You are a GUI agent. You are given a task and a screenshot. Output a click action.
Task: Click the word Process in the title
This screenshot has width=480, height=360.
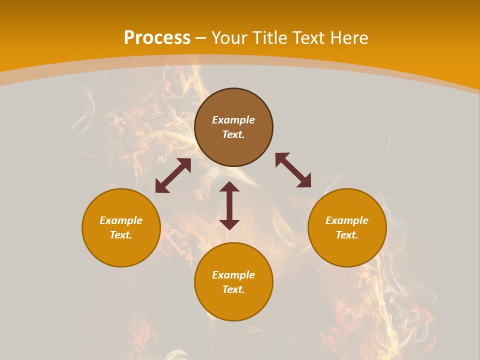pos(157,38)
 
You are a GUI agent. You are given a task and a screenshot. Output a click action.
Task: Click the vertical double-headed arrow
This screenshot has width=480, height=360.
pos(229,205)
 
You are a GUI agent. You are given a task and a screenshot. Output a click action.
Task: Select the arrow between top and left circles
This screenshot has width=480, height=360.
pos(173,175)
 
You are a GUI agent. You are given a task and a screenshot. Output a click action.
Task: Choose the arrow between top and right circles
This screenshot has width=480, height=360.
pos(293,170)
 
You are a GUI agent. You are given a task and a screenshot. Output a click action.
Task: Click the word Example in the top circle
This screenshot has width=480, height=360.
pos(233,120)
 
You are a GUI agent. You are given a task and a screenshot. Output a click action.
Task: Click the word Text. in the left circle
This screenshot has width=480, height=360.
pos(121,235)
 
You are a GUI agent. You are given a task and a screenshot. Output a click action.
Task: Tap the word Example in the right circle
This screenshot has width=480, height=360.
pos(347,220)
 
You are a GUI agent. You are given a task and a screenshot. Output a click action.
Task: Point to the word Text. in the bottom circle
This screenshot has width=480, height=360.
pos(233,289)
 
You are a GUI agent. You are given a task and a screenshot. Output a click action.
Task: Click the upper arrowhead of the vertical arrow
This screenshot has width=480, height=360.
pos(229,187)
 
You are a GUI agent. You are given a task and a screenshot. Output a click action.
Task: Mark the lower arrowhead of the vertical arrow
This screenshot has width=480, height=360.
pos(229,224)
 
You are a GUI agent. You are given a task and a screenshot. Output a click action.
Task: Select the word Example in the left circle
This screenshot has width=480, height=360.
pos(121,220)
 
